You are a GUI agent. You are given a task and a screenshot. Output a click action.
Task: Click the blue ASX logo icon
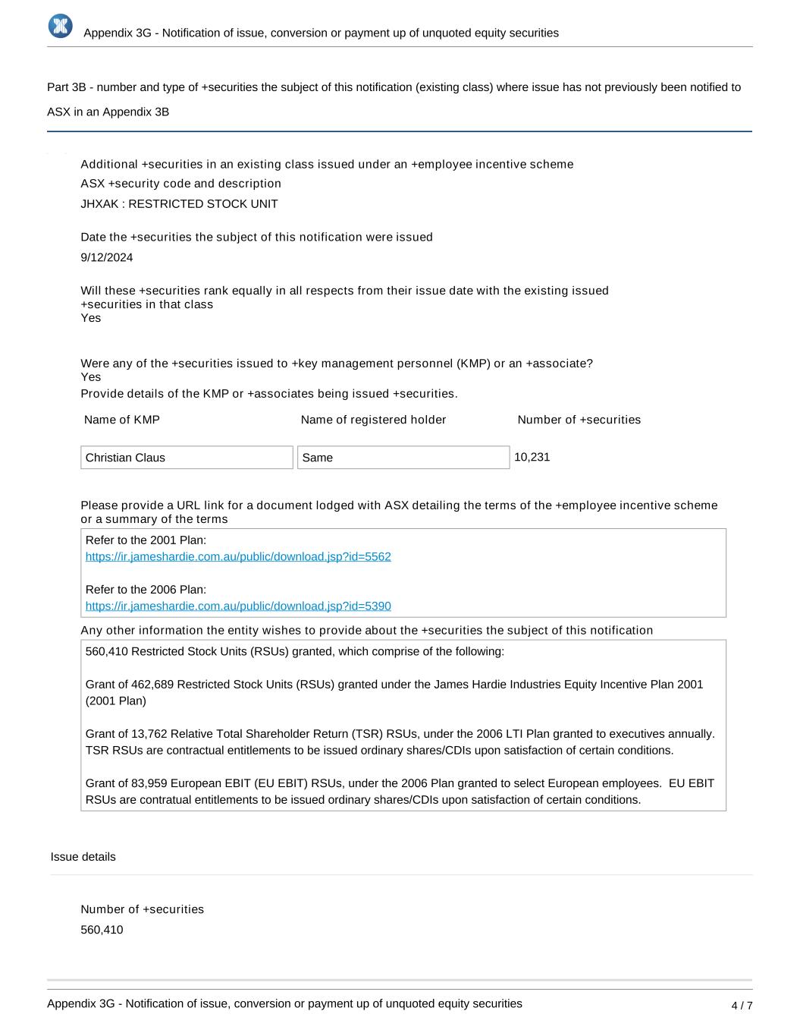[61, 26]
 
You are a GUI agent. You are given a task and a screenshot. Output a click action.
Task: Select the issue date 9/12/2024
[107, 258]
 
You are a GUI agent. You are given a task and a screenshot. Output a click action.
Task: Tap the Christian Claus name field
[187, 458]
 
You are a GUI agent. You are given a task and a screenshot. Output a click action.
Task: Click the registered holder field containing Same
[403, 458]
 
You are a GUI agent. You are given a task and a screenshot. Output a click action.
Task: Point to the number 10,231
[532, 458]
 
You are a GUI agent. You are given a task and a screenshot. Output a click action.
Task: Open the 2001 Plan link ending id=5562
[238, 557]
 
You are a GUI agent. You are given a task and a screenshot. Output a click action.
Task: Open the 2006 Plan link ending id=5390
[238, 606]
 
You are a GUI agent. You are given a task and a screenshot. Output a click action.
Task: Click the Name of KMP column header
[122, 420]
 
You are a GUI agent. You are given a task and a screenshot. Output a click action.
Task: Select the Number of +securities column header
[579, 420]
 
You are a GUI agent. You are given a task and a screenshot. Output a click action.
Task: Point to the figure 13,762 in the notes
[149, 735]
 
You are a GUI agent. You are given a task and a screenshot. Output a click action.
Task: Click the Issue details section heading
[83, 857]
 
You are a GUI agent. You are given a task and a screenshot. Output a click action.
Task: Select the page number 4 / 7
[742, 1006]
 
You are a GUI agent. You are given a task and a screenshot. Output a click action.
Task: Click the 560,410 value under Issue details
[102, 931]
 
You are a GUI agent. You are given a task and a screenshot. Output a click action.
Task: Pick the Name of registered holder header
[373, 420]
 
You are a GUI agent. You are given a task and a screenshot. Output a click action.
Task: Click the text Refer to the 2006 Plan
[146, 590]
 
